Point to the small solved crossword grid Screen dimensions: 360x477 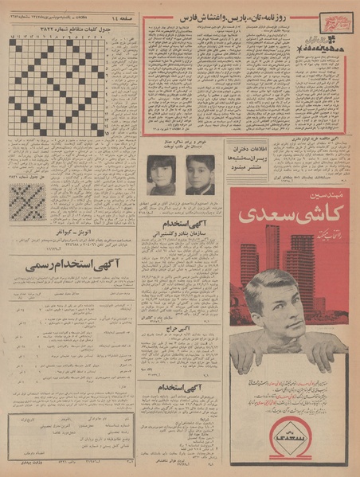click(27, 203)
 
